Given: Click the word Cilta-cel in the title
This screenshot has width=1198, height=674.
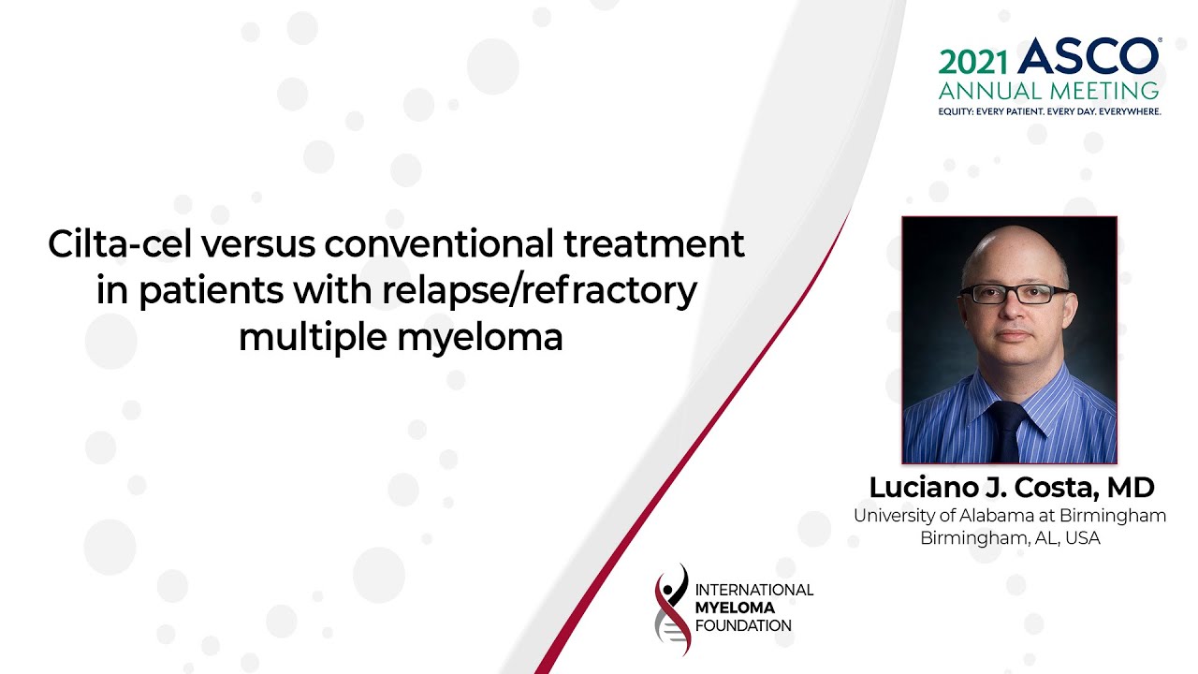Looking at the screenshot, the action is (120, 244).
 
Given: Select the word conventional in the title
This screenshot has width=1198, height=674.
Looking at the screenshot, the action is (439, 244).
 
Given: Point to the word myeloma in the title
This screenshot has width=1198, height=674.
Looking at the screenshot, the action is (480, 339).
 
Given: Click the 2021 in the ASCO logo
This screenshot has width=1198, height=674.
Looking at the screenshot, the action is (972, 63).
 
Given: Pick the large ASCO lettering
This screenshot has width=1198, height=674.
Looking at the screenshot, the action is (1088, 55).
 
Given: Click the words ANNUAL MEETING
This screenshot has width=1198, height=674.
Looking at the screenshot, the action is (1048, 91).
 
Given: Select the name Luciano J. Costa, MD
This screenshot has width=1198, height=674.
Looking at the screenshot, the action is (1012, 488).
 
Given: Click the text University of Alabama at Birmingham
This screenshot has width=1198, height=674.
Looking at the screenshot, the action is (1010, 516).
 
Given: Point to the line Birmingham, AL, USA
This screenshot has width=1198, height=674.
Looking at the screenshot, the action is (1010, 537).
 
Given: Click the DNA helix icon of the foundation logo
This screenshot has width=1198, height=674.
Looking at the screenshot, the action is (672, 609).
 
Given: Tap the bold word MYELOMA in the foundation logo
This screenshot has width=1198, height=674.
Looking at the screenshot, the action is (735, 608).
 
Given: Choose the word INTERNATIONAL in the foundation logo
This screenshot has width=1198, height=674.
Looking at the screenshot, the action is (754, 590).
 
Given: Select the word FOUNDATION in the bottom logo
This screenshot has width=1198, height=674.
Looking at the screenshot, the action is (743, 626).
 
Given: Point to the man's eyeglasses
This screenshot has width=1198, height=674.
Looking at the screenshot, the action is (1014, 294).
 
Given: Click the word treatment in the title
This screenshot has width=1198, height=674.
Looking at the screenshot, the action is (654, 244).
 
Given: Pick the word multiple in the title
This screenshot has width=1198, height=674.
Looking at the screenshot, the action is (313, 339).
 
